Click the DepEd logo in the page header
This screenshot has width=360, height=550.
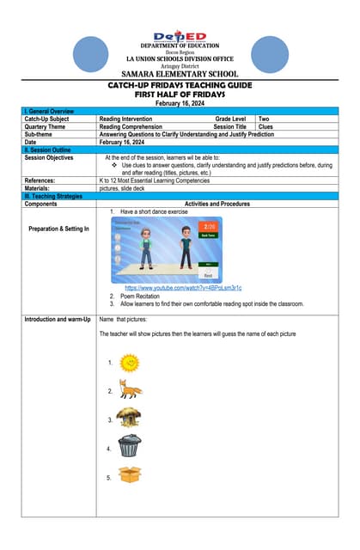pos(180,36)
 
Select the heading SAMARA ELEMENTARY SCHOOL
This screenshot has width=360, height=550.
pos(180,74)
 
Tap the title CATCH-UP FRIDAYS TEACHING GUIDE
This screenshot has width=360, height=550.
pos(180,86)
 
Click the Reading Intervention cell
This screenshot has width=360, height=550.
pos(126,119)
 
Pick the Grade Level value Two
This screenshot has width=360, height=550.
pos(265,119)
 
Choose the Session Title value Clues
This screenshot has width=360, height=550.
pos(266,125)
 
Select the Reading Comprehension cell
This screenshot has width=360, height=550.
pos(133,125)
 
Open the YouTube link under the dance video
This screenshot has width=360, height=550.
pos(183,288)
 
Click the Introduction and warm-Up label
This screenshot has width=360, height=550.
pos(58,320)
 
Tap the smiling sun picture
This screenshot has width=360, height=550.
pos(130,363)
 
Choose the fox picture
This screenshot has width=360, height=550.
pos(131,391)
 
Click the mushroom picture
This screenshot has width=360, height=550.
pos(129,419)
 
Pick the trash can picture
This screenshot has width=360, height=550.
pos(129,446)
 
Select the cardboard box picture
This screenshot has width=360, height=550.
pos(130,475)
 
